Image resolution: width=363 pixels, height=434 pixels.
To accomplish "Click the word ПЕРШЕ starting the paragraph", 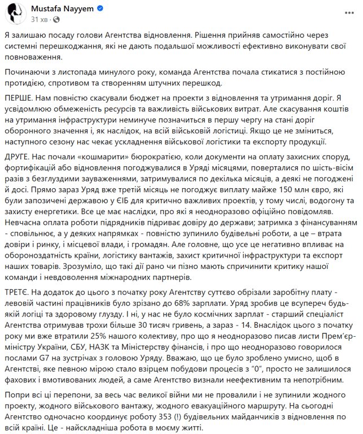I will pos(23,98).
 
